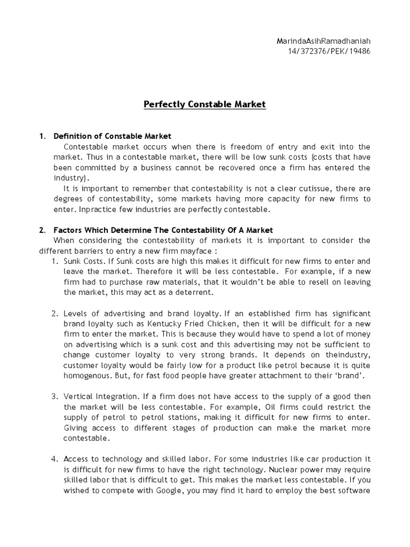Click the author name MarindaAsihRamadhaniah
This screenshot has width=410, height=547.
pyautogui.click(x=323, y=41)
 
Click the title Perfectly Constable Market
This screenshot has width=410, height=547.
pyautogui.click(x=204, y=104)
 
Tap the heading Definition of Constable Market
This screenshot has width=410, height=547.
pyautogui.click(x=112, y=136)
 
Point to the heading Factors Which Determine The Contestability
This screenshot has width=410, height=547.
pyautogui.click(x=163, y=230)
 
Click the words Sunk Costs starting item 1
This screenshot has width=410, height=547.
pyautogui.click(x=82, y=261)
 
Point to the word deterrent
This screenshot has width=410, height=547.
pyautogui.click(x=193, y=292)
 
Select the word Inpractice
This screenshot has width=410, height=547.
pyautogui.click(x=96, y=209)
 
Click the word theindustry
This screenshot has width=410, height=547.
pyautogui.click(x=345, y=355)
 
